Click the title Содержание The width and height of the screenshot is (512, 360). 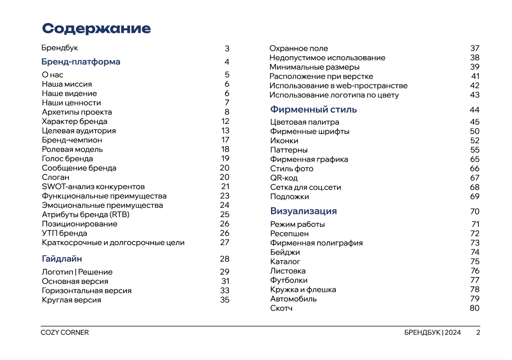pyautogui.click(x=96, y=29)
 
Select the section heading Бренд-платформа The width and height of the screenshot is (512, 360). pyautogui.click(x=81, y=62)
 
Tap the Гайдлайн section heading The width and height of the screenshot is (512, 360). pyautogui.click(x=62, y=259)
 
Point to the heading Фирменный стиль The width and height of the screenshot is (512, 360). pyautogui.click(x=313, y=110)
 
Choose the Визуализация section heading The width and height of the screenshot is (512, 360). pyautogui.click(x=304, y=211)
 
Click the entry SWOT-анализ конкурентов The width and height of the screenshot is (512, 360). pyautogui.click(x=93, y=187)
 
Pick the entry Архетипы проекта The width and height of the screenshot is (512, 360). pyautogui.click(x=77, y=112)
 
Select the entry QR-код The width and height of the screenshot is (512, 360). pyautogui.click(x=284, y=178)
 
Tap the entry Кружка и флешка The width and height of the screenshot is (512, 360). pyautogui.click(x=303, y=289)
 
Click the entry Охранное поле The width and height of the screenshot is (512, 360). pyautogui.click(x=298, y=48)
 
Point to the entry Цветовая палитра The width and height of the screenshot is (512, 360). pyautogui.click(x=305, y=122)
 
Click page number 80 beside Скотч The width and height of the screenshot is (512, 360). pyautogui.click(x=474, y=308)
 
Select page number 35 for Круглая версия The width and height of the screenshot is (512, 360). pyautogui.click(x=225, y=300)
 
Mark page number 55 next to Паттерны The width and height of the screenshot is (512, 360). pyautogui.click(x=475, y=150)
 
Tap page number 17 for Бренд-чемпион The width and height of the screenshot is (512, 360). pyautogui.click(x=225, y=140)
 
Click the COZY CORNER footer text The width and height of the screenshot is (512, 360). pyautogui.click(x=65, y=333)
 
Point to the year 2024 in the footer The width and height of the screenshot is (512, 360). pyautogui.click(x=453, y=333)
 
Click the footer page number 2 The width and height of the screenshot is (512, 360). pyautogui.click(x=478, y=333)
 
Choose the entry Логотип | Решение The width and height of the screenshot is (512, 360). pyautogui.click(x=77, y=272)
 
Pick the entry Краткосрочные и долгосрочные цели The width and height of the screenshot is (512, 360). pyautogui.click(x=113, y=243)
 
